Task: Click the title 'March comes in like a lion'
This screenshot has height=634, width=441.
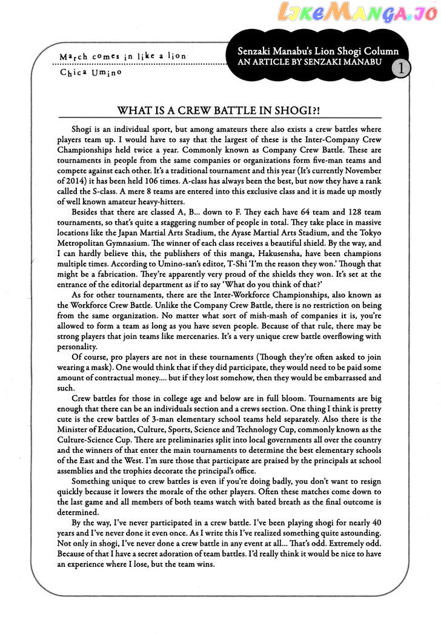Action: tap(123, 56)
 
